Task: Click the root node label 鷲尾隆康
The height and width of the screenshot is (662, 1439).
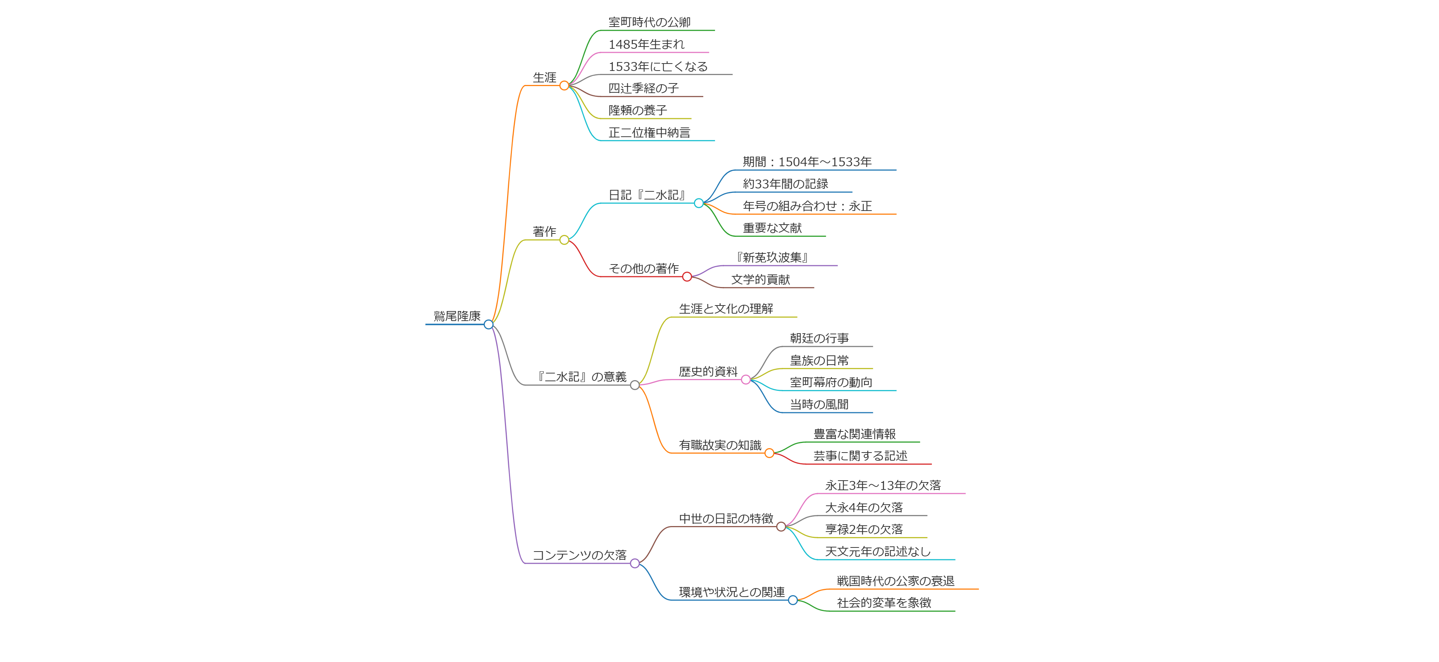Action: (457, 316)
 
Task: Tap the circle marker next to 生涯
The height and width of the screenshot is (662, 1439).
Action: (564, 85)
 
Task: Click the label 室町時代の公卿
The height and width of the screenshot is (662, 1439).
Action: (649, 22)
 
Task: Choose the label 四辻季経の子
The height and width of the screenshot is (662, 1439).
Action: (643, 88)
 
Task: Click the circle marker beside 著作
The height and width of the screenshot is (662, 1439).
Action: (564, 240)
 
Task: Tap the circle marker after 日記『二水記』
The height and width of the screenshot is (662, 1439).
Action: (698, 203)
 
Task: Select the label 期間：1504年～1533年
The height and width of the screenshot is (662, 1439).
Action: (807, 162)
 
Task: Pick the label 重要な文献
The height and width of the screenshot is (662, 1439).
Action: (772, 228)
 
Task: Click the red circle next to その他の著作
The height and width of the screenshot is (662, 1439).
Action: (687, 277)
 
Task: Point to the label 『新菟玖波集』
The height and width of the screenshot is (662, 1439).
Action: (772, 257)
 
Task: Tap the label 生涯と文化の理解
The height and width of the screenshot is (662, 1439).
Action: (726, 309)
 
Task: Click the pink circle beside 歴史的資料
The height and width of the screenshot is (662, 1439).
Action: (746, 380)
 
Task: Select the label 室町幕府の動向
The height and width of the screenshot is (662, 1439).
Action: (831, 383)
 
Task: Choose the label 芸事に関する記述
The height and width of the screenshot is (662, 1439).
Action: (860, 456)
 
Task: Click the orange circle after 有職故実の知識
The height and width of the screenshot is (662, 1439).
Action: (769, 453)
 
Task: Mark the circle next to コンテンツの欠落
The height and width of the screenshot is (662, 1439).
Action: (635, 563)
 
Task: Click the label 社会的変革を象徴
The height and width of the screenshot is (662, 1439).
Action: (884, 603)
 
